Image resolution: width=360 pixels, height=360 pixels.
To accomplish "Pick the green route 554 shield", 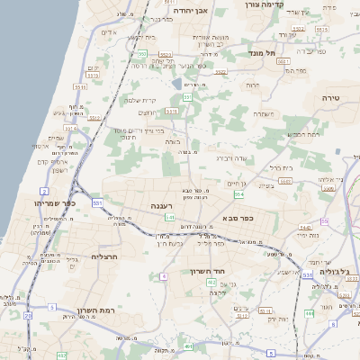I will pyautogui.click(x=238, y=194).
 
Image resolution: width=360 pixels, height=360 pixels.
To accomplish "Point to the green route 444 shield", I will pyautogui.click(x=309, y=312).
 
